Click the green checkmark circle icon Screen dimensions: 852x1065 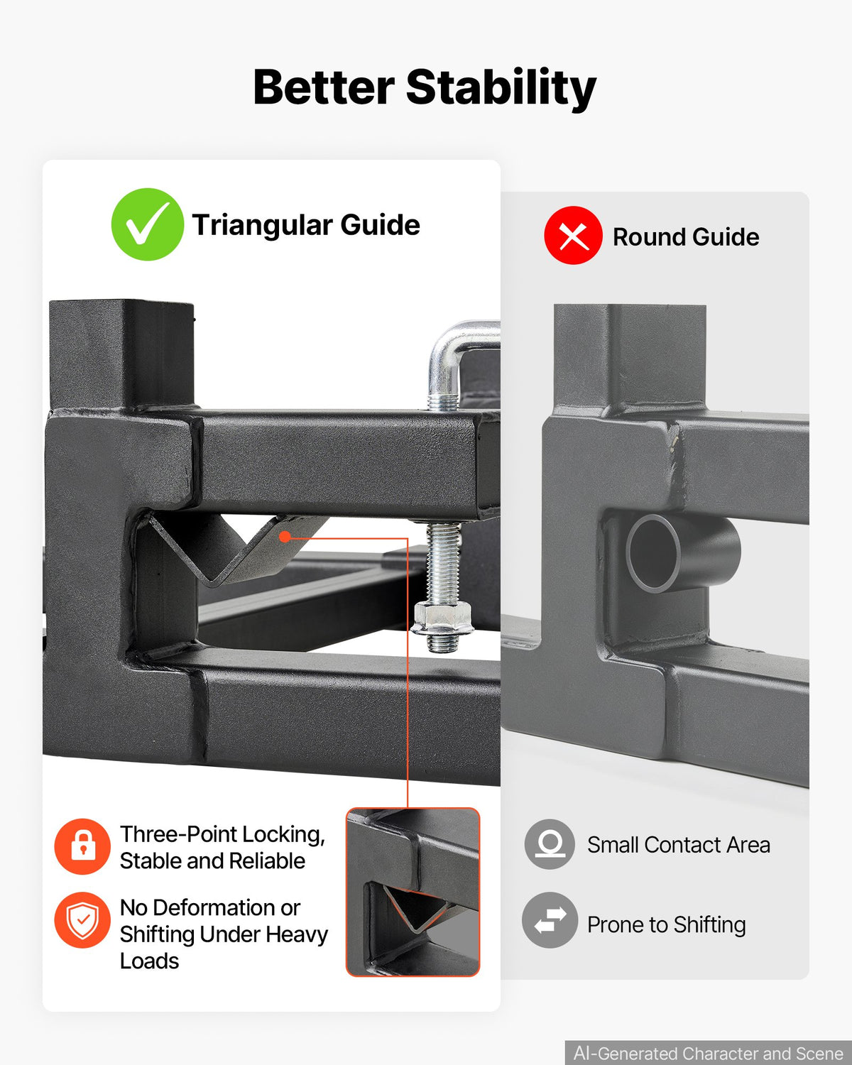pos(148,224)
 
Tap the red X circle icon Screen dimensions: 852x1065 pos(573,235)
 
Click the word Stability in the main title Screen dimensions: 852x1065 pos(501,88)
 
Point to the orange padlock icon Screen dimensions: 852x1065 pos(82,846)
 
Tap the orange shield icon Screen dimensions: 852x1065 pos(82,920)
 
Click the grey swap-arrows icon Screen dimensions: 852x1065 pos(550,920)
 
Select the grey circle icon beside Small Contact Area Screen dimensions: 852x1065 pos(550,843)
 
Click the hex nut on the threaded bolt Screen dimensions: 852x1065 pos(442,618)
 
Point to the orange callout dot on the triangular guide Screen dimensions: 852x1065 pos(285,537)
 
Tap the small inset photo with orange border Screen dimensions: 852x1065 pos(413,892)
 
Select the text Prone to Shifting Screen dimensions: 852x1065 pos(667,925)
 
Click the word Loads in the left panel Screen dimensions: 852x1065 pos(149,961)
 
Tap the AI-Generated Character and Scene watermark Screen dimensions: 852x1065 pos(708,1053)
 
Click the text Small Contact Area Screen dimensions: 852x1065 pos(679,845)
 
